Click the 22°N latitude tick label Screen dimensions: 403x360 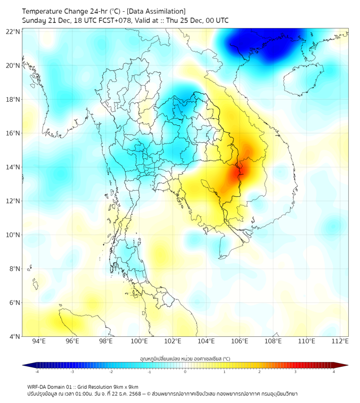pyautogui.click(x=13, y=32)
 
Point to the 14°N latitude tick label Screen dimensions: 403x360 pyautogui.click(x=13, y=167)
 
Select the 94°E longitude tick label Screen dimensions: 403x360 pyautogui.click(x=39, y=341)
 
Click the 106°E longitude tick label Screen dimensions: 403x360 pyautogui.click(x=240, y=341)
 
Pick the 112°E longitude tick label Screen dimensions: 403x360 pyautogui.click(x=340, y=341)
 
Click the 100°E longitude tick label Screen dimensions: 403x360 pyautogui.click(x=139, y=341)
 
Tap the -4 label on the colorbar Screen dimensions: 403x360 pyautogui.click(x=37, y=372)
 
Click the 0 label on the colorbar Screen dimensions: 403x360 pyautogui.click(x=185, y=372)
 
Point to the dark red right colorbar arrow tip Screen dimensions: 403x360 pyautogui.click(x=347, y=365)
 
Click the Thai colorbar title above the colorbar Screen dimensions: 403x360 pyautogui.click(x=185, y=358)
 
